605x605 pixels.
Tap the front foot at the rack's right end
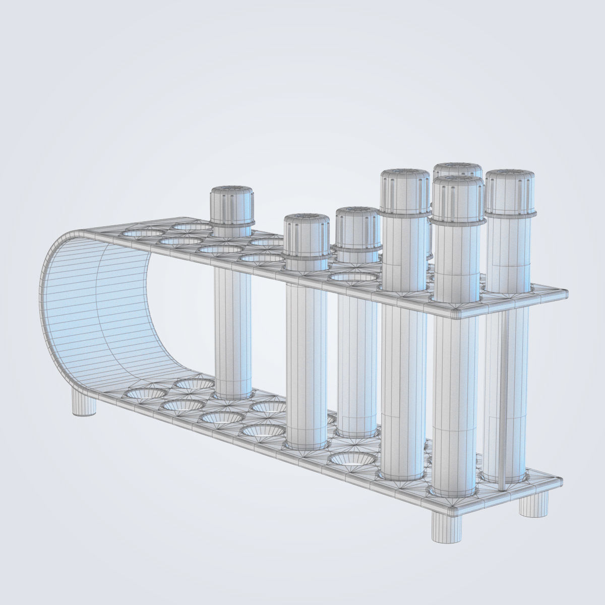click(447, 526)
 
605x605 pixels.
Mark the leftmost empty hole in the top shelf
click(144, 233)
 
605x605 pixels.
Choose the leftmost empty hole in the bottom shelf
click(146, 393)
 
